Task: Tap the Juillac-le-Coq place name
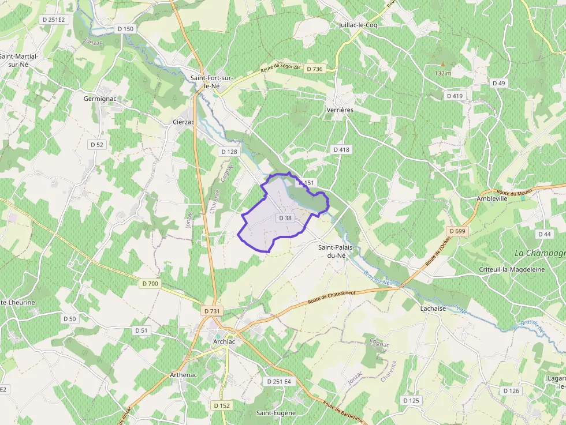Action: [359, 25]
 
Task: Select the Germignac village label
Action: [100, 99]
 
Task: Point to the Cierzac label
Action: [184, 122]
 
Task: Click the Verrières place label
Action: [340, 110]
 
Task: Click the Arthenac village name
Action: [183, 375]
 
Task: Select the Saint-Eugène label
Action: [276, 413]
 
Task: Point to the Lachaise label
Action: [433, 309]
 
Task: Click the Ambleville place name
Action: [491, 198]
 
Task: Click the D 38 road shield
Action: [285, 218]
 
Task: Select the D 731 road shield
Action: [212, 311]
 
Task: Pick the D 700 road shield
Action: [150, 283]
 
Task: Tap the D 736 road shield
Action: [315, 69]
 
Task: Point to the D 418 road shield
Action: [341, 149]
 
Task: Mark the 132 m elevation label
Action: [442, 73]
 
